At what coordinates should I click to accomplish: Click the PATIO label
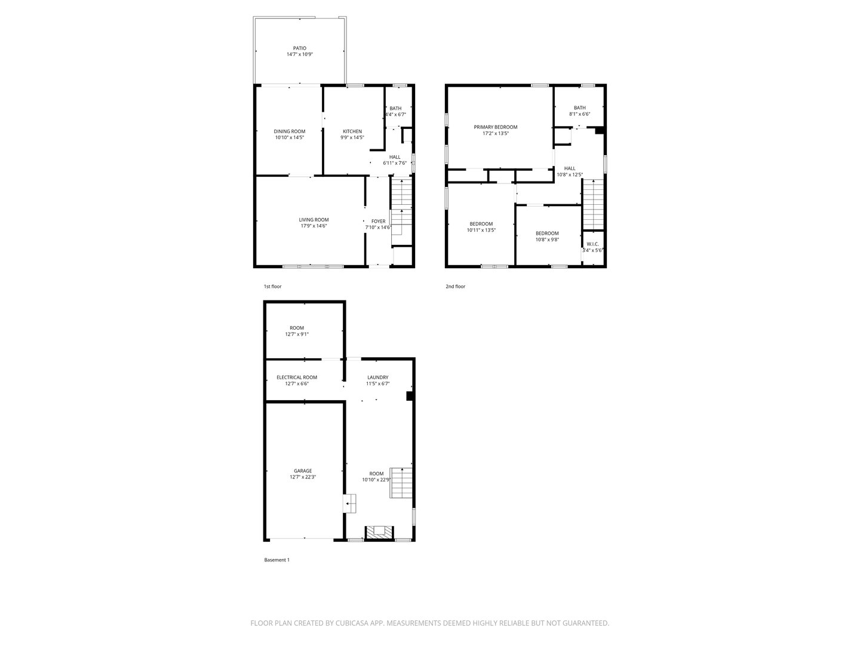click(299, 48)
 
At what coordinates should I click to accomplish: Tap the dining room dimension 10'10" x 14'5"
click(290, 137)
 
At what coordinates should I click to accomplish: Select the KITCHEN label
click(352, 131)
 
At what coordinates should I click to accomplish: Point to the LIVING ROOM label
click(314, 220)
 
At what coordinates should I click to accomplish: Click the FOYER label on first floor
click(378, 221)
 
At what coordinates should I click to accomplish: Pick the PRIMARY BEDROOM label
click(495, 127)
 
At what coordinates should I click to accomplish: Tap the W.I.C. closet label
click(592, 244)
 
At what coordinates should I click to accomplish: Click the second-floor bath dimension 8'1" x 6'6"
click(579, 114)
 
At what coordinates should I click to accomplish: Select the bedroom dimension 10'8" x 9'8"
click(546, 239)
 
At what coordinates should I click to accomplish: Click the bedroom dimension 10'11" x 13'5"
click(481, 230)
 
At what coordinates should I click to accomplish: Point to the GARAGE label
click(302, 471)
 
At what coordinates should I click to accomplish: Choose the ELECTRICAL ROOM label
click(296, 377)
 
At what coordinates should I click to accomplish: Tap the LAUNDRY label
click(377, 377)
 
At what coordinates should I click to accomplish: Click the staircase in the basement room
click(401, 483)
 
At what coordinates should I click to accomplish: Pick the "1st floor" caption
click(272, 287)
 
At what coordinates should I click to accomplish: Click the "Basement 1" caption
click(277, 560)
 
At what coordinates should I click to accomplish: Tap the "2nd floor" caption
click(455, 287)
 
